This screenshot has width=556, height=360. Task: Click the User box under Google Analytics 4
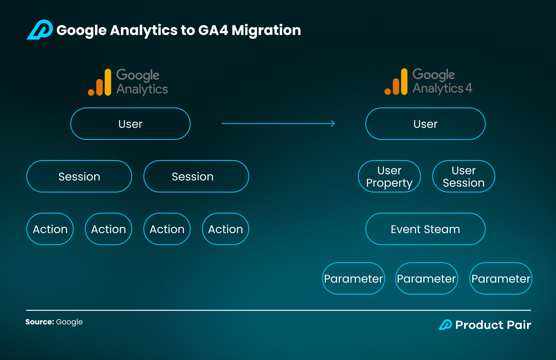click(425, 124)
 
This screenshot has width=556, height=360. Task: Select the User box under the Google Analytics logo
click(130, 124)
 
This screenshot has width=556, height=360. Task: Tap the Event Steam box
click(425, 229)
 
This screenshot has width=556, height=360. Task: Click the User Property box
click(389, 176)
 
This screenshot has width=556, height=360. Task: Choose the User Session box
click(464, 176)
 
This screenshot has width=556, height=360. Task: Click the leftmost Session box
click(79, 176)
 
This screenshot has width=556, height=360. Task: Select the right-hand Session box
click(196, 176)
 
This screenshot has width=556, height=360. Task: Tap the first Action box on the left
click(50, 229)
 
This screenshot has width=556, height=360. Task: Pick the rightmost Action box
click(226, 229)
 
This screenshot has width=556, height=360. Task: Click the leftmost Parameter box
click(354, 279)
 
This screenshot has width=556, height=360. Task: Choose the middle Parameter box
click(427, 279)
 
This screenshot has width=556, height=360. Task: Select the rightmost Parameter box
click(501, 279)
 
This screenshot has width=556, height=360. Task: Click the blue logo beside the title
click(40, 30)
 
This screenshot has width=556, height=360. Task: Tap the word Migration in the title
click(266, 30)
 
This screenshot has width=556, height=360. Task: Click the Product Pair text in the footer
click(493, 325)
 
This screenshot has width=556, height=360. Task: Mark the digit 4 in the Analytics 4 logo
click(469, 88)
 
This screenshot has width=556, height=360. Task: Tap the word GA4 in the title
click(213, 30)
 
